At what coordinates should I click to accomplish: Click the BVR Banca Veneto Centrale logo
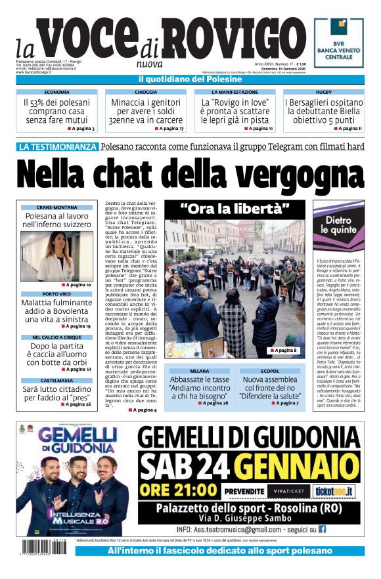[338, 43]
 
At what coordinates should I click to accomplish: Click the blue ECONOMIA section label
[57, 93]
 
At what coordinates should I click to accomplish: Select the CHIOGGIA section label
[146, 93]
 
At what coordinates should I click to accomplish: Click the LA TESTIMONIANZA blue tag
[58, 147]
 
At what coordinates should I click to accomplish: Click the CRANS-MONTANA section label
[57, 207]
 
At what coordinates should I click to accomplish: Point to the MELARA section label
[198, 372]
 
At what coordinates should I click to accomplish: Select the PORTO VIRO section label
[56, 294]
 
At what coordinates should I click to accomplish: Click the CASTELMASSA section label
[56, 380]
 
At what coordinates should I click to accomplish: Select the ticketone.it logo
[334, 490]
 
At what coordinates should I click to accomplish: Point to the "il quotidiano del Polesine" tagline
[190, 79]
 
